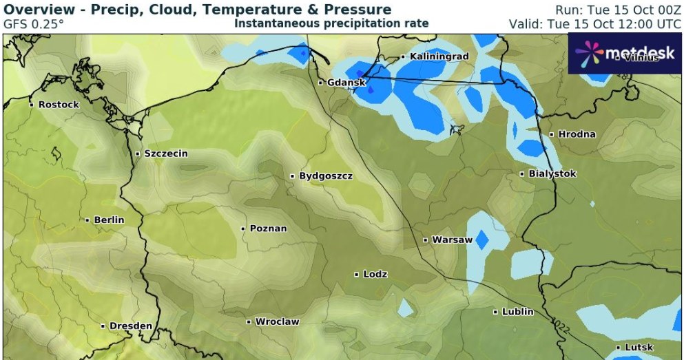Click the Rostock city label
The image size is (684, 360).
click(58, 105)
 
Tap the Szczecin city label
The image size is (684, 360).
click(165, 153)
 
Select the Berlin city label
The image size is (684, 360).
click(108, 220)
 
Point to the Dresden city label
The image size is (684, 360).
click(130, 326)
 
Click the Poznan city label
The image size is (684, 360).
click(268, 228)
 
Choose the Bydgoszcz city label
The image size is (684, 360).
click(325, 176)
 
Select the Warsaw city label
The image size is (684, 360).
click(451, 240)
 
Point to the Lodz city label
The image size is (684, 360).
click(375, 274)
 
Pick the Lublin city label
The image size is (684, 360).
click(517, 312)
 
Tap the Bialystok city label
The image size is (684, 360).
click(552, 173)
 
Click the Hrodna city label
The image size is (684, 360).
click(577, 134)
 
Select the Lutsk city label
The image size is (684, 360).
click(639, 348)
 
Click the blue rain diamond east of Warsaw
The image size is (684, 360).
click(481, 239)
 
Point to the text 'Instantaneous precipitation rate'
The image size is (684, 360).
click(331, 23)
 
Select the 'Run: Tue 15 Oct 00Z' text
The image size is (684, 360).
click(619, 10)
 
